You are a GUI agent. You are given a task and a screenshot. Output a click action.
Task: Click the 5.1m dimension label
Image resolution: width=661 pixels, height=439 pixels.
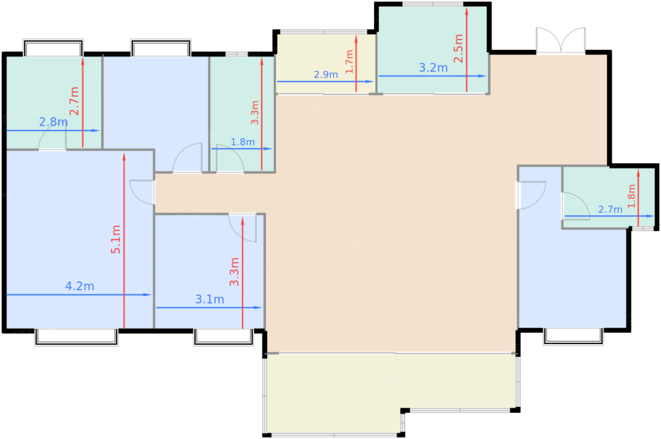116,239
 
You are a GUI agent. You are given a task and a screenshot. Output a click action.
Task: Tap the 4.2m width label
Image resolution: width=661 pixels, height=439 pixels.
80,286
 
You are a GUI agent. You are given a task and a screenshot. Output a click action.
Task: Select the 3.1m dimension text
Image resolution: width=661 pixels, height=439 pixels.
210,299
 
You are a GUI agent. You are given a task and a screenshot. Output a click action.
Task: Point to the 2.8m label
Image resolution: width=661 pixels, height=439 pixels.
53,122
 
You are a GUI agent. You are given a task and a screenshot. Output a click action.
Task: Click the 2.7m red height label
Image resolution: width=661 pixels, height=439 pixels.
75,101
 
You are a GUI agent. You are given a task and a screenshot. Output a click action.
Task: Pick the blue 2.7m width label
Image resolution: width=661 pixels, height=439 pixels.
610,209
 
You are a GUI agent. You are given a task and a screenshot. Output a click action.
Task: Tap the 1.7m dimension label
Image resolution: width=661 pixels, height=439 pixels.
349,61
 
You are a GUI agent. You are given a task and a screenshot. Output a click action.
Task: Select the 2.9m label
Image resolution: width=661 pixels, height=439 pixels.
326,75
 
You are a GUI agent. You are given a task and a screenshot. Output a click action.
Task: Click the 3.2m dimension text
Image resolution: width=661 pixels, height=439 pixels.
433,68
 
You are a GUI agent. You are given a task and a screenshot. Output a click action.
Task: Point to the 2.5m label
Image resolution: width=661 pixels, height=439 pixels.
458,49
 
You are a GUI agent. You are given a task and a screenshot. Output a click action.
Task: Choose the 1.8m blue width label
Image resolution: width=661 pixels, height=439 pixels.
243,142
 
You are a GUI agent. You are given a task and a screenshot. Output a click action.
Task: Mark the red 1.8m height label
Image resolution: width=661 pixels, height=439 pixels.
631,196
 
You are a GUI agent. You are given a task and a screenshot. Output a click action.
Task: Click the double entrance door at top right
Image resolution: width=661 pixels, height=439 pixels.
560,41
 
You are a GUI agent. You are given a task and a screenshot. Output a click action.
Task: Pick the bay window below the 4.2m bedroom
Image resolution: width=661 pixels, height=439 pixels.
76,337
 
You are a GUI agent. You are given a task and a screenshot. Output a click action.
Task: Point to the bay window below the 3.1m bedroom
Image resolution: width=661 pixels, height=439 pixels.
223,337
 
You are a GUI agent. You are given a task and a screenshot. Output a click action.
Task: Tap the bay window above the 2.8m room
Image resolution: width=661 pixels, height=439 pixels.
53,47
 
